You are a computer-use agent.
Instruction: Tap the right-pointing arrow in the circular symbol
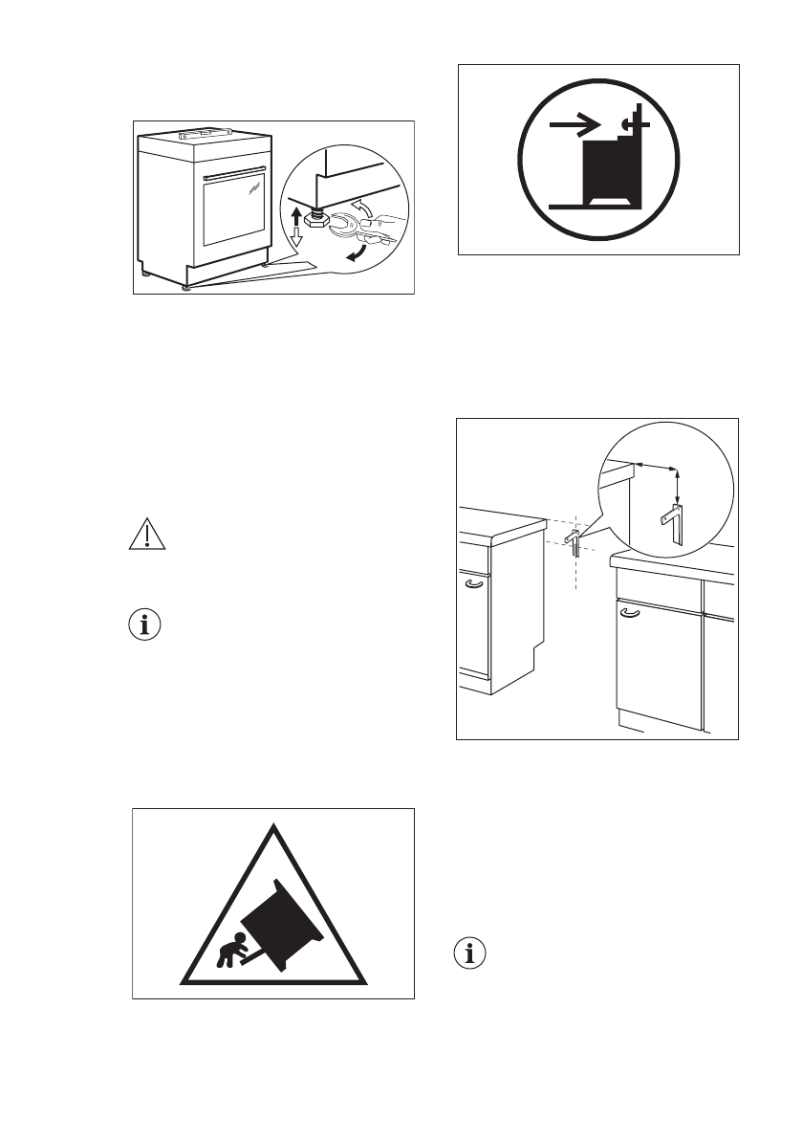(576, 123)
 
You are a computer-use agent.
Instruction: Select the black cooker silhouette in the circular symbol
(609, 172)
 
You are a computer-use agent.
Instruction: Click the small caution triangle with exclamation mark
(146, 536)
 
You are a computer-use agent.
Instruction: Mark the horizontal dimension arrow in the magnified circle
(658, 466)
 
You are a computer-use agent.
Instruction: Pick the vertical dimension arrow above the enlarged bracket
(678, 489)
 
